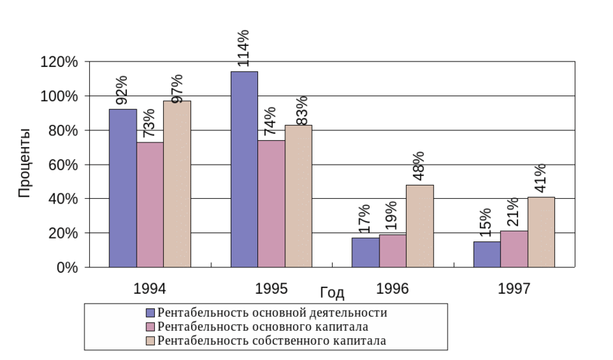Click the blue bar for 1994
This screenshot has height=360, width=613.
[123, 188]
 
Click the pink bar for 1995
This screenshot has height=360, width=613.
[271, 204]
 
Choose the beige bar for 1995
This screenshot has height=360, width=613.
[298, 196]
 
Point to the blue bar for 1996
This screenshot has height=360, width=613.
[365, 253]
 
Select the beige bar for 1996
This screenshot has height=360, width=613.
[420, 226]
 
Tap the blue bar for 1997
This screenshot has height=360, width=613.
[487, 255]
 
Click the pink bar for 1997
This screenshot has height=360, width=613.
[514, 249]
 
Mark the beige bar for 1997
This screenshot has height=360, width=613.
[541, 232]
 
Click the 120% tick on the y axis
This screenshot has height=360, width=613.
[59, 62]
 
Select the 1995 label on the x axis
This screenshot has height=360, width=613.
[271, 287]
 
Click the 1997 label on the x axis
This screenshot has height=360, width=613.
[514, 287]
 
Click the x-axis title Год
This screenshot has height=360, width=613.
[333, 293]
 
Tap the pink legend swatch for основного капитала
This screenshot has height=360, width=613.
[150, 327]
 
